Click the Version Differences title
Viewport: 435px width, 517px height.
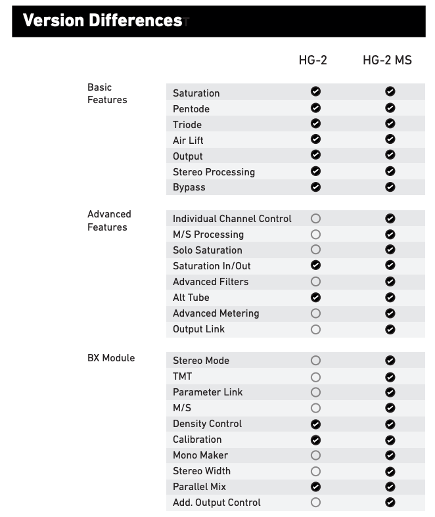click(102, 20)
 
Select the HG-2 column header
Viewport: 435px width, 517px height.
click(313, 60)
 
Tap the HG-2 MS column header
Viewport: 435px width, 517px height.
click(387, 60)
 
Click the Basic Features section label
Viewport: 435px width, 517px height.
click(107, 93)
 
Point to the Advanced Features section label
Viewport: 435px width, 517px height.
click(109, 221)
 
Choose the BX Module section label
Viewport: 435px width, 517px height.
click(111, 358)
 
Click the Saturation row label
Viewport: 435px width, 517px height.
click(196, 93)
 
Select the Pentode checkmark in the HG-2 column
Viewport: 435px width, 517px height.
click(315, 108)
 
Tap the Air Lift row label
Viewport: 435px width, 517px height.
click(188, 141)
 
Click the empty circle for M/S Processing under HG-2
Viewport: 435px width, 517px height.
click(315, 235)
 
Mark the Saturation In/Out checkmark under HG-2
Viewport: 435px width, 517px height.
click(315, 265)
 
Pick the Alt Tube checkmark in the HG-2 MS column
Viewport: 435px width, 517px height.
click(390, 298)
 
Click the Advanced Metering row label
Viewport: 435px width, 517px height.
click(216, 313)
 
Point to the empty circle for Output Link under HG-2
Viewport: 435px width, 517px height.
click(315, 329)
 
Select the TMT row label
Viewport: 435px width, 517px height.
click(182, 376)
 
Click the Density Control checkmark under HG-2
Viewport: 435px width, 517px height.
click(315, 424)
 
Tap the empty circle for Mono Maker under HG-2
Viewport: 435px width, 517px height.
click(315, 455)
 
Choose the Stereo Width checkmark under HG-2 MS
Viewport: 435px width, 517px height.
click(390, 471)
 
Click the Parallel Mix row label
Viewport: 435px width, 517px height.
click(199, 487)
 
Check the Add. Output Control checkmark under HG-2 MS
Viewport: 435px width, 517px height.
click(390, 503)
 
